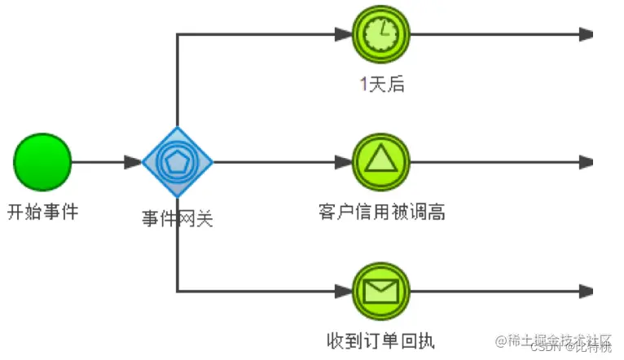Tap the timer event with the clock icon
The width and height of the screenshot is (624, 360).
(380, 34)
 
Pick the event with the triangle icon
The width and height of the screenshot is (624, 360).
(380, 162)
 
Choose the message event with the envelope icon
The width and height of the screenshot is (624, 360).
(380, 291)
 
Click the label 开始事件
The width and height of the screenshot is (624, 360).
(43, 213)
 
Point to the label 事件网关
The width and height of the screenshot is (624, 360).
(178, 217)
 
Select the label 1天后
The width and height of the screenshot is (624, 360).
(381, 84)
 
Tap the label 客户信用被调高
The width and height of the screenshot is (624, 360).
(381, 213)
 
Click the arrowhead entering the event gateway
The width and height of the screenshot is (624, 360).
(134, 162)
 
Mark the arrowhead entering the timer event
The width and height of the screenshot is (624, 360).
(343, 34)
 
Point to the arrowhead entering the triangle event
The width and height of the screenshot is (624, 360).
(343, 162)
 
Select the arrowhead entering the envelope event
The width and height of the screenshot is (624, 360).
(343, 291)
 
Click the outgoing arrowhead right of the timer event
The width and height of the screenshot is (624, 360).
(586, 34)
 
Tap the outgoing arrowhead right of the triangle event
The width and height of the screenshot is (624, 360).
(586, 162)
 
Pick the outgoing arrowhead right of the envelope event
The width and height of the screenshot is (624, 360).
(586, 291)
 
